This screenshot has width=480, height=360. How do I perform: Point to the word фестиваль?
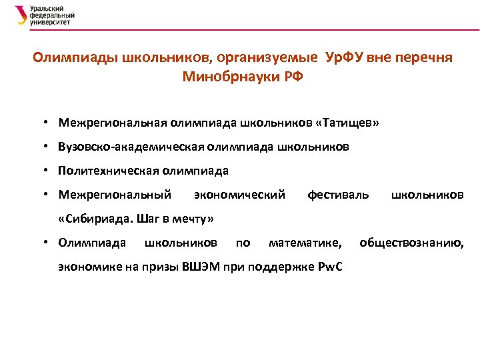pos(337,195)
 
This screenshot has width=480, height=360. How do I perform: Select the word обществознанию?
pos(412,243)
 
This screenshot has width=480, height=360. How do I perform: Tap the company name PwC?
pos(329,267)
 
